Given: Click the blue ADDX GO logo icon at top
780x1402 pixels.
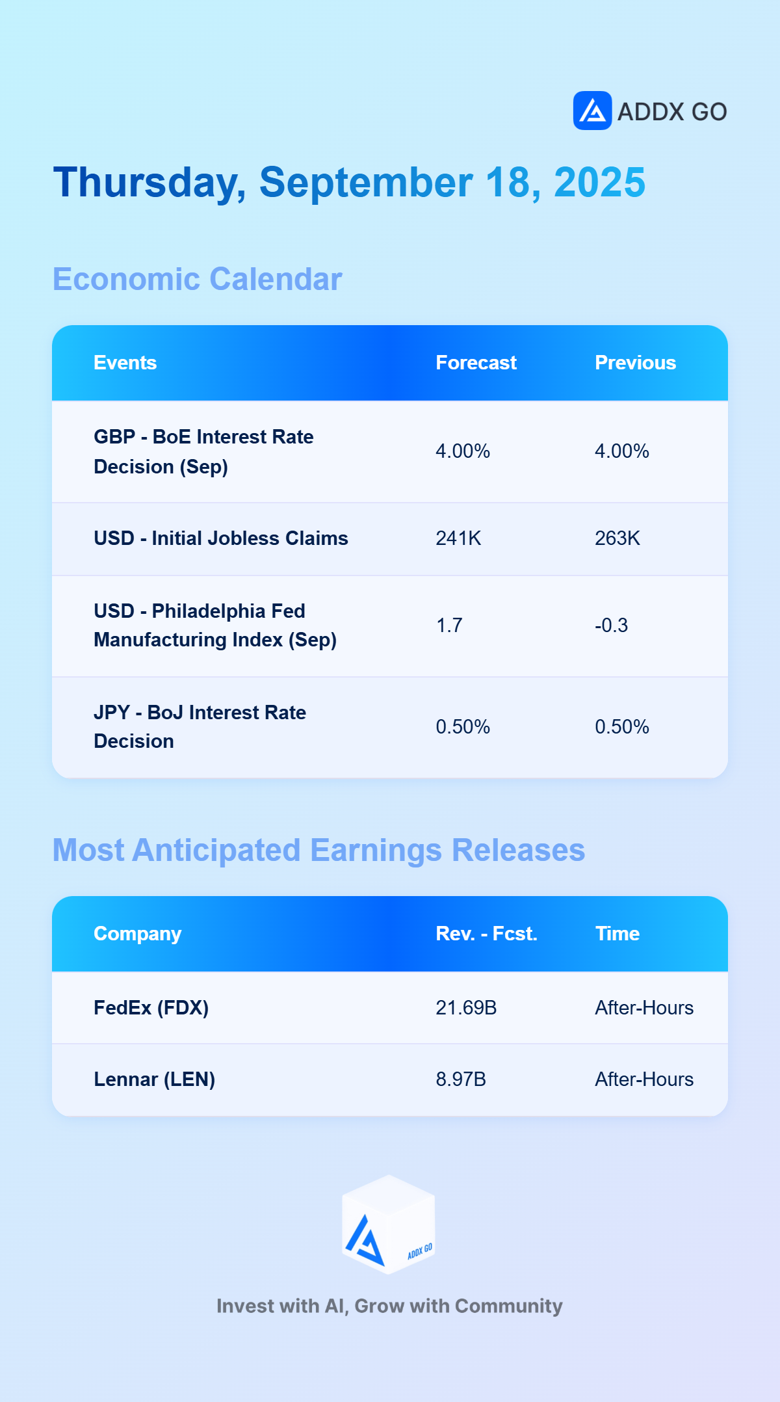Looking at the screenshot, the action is point(592,111).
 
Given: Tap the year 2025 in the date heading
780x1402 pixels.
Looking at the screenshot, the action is point(599,182).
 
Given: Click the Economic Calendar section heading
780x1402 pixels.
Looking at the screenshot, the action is point(197,280).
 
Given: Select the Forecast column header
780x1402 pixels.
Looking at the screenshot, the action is point(476,363).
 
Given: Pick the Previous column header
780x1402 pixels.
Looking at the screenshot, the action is point(635,363).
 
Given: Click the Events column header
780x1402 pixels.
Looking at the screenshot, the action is point(125,363).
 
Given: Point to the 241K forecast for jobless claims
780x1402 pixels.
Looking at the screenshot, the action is point(458,538).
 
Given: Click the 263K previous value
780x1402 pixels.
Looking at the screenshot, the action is point(617,538).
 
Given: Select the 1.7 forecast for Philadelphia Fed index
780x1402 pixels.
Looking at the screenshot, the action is point(449,626).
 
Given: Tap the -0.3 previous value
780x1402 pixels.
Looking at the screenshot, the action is point(611,626).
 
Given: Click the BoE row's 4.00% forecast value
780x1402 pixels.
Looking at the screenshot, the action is point(463,451).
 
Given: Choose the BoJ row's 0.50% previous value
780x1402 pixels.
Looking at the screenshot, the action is point(622,727).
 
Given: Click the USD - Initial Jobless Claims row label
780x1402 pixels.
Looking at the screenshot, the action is point(221,538).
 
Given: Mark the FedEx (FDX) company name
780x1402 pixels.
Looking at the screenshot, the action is point(151,1008).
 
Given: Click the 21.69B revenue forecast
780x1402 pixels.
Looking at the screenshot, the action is point(466,1008).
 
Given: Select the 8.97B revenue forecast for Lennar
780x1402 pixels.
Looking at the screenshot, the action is point(461,1079).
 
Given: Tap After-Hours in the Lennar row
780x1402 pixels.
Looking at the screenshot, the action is point(644,1079).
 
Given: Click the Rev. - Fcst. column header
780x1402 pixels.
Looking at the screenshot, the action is point(486,934).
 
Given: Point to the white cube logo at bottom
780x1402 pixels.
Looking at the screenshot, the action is point(389,1224).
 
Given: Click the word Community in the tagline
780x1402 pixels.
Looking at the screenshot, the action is point(508,1306).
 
